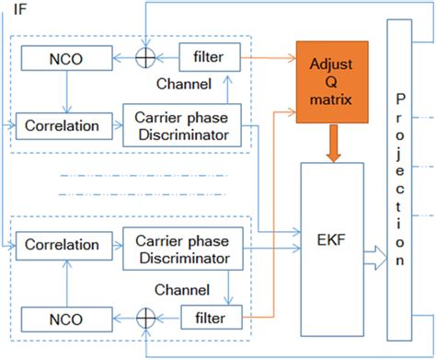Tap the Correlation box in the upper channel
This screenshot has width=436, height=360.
(x=63, y=122)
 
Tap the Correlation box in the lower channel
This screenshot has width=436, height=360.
(x=63, y=246)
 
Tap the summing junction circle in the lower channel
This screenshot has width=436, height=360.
(x=144, y=318)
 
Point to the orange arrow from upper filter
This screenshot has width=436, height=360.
(x=270, y=57)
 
